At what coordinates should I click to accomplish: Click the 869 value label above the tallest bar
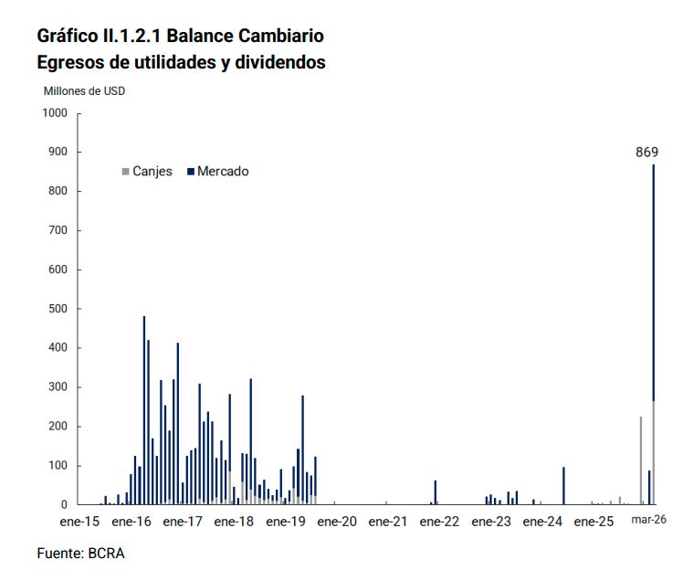point(646,153)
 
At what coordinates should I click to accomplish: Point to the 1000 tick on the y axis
point(56,113)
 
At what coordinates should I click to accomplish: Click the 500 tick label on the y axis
point(58,309)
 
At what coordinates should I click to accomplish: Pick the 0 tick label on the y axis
point(64,505)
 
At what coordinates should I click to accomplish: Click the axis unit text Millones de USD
point(85,91)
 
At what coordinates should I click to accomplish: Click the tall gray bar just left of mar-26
point(641,460)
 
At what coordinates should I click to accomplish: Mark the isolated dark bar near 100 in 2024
point(563,486)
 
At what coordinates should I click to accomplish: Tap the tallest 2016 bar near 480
point(144,411)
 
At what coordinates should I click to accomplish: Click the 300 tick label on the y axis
point(58,387)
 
